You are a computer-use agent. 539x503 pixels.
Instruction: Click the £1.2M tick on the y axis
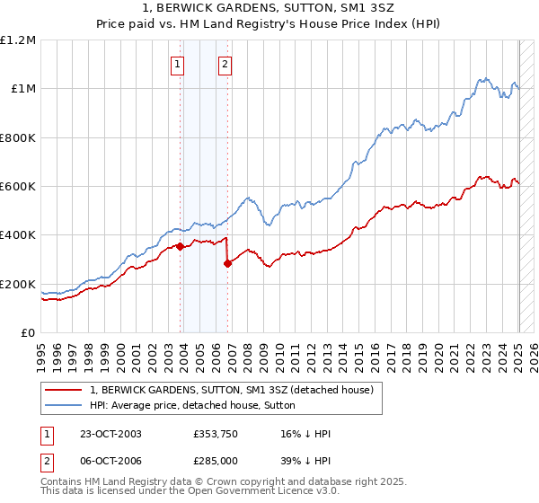click(x=18, y=40)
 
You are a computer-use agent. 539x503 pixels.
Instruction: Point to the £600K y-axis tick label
click(x=18, y=187)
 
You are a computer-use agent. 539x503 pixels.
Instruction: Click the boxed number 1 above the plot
click(x=178, y=64)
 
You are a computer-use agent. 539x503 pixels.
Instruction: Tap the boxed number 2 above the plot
click(x=224, y=64)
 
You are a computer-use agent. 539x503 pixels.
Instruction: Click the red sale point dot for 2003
click(x=181, y=246)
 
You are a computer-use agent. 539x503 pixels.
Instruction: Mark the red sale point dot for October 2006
click(x=228, y=263)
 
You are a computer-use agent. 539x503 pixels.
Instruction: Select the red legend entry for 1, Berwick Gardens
click(x=237, y=390)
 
